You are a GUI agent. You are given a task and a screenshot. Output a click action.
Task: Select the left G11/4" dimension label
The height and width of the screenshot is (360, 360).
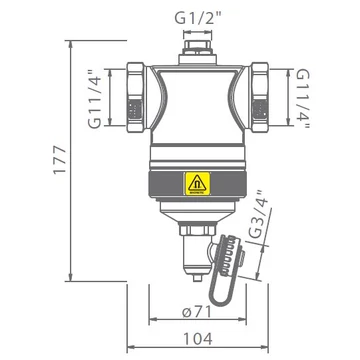pyautogui.click(x=96, y=98)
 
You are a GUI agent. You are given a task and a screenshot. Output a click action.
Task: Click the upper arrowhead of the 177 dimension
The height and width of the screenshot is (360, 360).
pyautogui.click(x=74, y=44)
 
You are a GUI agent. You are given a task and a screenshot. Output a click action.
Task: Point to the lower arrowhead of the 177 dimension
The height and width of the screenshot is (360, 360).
pyautogui.click(x=74, y=279)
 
